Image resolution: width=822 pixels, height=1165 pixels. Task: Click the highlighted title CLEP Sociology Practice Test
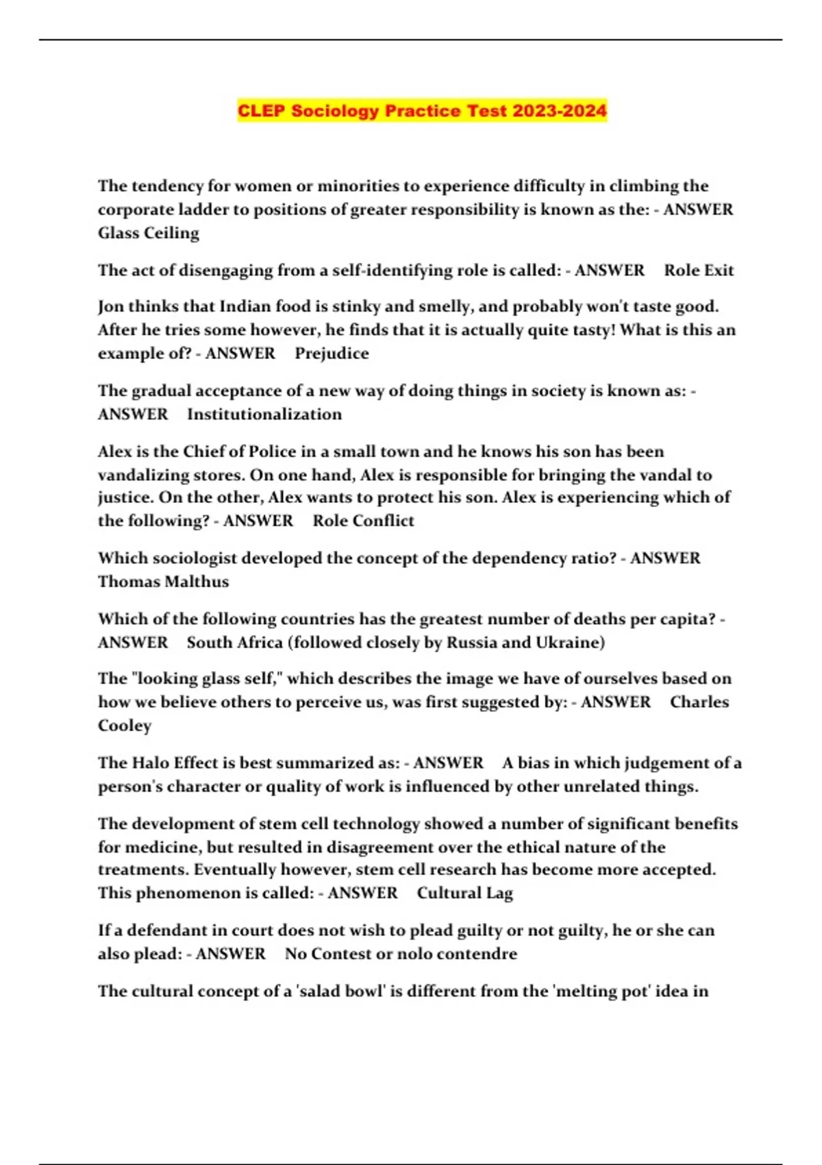tap(421, 110)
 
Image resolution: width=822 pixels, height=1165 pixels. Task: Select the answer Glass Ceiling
tap(149, 233)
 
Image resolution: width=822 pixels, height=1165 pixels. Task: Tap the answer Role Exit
tap(699, 270)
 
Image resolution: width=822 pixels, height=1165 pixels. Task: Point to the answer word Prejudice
tap(332, 353)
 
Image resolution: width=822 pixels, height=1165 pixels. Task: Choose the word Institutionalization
tap(264, 414)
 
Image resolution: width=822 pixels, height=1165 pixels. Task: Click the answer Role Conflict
tap(363, 520)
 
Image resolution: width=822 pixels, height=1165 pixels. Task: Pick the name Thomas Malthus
tap(163, 581)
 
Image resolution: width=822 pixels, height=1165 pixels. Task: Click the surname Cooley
tap(125, 725)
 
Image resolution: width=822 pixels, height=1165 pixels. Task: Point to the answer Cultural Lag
tap(464, 893)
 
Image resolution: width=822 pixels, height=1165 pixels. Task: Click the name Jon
tap(110, 306)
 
